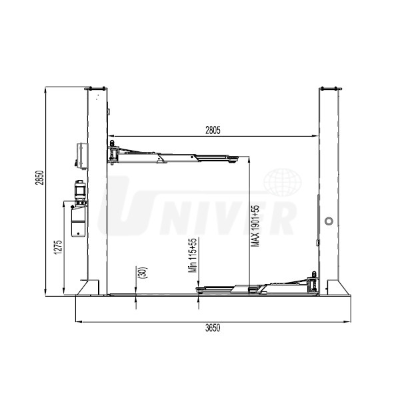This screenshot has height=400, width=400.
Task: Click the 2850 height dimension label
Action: click(x=39, y=177)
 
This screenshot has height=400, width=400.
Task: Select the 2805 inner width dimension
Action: click(x=213, y=131)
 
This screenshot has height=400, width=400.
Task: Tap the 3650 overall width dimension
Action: click(x=213, y=328)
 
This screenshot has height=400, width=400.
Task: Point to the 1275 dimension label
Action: click(x=58, y=247)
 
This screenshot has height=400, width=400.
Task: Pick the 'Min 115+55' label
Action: click(x=193, y=255)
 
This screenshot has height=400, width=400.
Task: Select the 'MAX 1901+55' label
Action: click(x=255, y=226)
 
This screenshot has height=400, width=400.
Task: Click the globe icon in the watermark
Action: click(x=283, y=182)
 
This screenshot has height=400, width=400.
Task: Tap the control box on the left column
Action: click(x=81, y=156)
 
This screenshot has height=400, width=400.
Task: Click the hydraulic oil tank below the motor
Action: click(x=79, y=221)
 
